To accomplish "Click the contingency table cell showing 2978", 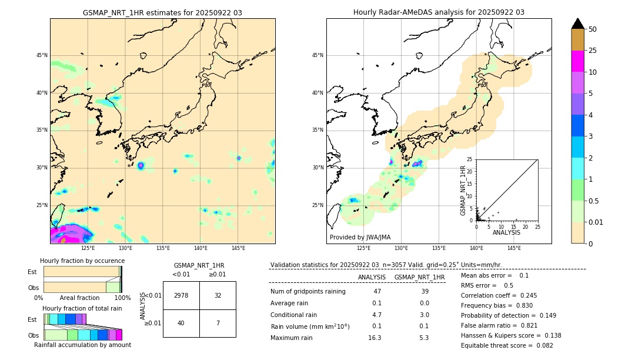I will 181,295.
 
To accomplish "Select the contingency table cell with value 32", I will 218,295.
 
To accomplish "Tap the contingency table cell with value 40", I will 181,323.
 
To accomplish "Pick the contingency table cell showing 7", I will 218,323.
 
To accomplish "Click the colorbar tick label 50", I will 593,29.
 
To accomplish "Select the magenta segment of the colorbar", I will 578,61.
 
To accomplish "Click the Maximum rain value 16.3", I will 375,338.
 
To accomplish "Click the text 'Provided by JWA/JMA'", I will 360,238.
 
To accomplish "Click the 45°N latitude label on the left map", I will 42,55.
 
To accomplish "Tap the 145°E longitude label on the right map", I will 514,248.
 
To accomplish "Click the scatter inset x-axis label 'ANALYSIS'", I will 506,232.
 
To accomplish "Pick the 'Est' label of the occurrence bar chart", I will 32,272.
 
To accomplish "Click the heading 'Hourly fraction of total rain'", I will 82,308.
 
